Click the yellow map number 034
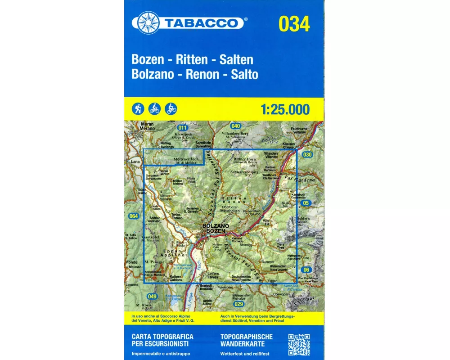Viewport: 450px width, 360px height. pyautogui.click(x=294, y=24)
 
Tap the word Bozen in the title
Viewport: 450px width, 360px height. pyautogui.click(x=147, y=59)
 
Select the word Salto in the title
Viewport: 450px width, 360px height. pyautogui.click(x=244, y=75)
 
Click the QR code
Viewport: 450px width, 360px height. pyautogui.click(x=298, y=344)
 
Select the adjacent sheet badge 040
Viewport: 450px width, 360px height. pyautogui.click(x=236, y=126)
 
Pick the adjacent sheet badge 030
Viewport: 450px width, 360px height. pyautogui.click(x=307, y=155)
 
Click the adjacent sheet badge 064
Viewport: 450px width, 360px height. pyautogui.click(x=133, y=216)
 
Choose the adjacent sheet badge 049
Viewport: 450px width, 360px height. pyautogui.click(x=152, y=296)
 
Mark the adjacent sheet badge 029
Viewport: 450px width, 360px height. pyautogui.click(x=238, y=304)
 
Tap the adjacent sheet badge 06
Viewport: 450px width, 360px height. pyautogui.click(x=307, y=269)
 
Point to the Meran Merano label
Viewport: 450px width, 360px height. pyautogui.click(x=147, y=126)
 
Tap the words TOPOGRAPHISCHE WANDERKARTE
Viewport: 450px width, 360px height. pyautogui.click(x=246, y=340)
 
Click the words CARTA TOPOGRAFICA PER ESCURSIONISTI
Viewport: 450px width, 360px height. pyautogui.click(x=162, y=340)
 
